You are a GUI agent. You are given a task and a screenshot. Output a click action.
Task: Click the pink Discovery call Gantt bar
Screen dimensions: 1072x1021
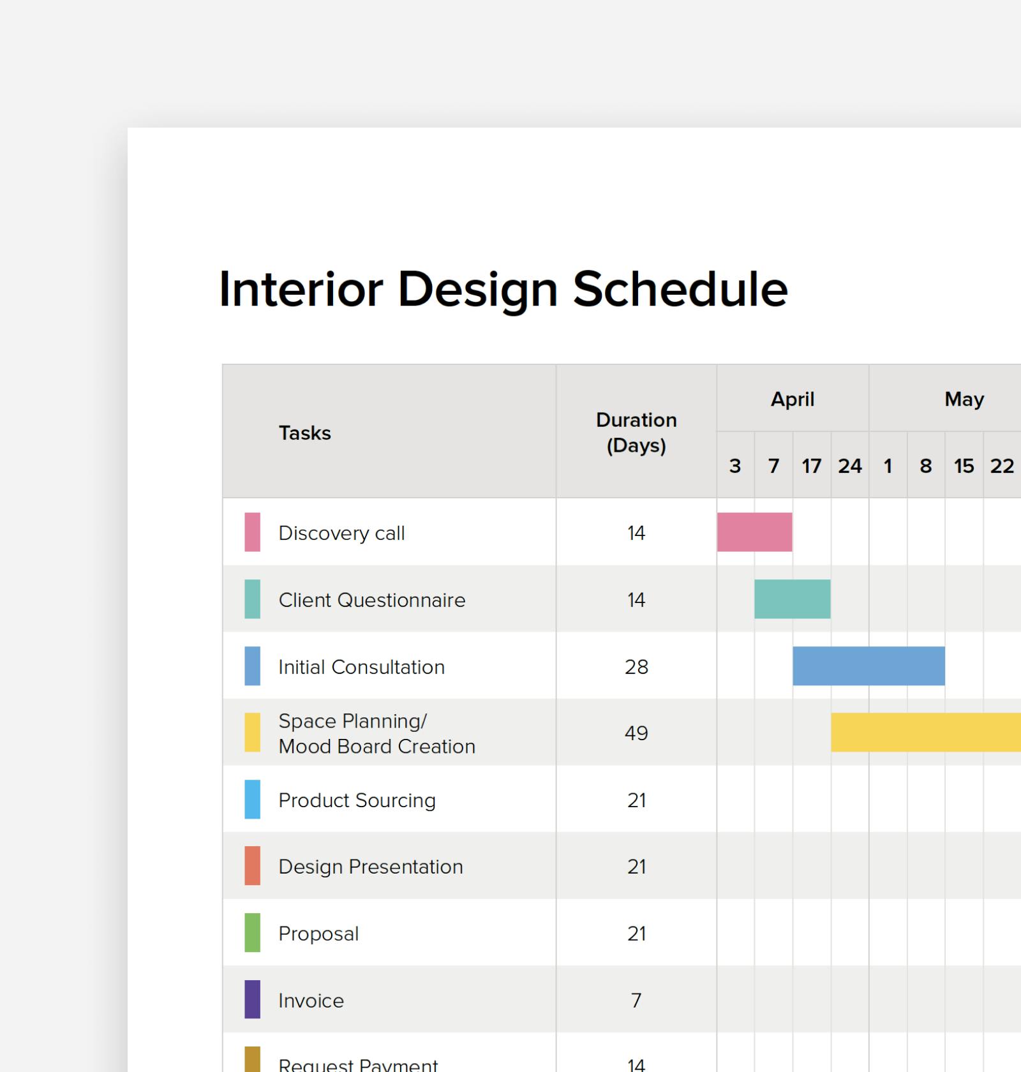[x=754, y=532]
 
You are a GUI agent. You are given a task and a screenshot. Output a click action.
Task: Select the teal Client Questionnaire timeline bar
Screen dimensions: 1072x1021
[x=792, y=599]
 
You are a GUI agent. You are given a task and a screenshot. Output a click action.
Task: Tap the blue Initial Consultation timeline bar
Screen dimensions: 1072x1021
[x=868, y=666]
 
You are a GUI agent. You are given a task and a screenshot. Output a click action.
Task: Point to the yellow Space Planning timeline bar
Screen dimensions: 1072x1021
[x=925, y=733]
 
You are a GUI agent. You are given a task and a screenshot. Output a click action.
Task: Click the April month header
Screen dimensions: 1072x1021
[x=793, y=399]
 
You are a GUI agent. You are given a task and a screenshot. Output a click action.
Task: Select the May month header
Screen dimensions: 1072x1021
[x=964, y=399]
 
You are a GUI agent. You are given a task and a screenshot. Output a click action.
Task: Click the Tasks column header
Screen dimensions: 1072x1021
[x=305, y=433]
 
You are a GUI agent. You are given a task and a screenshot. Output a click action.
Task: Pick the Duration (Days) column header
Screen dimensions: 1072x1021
[x=636, y=433]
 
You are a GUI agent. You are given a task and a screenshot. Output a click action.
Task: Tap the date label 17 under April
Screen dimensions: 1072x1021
[x=812, y=466]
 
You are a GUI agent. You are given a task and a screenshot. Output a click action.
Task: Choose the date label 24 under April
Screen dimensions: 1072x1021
[x=850, y=466]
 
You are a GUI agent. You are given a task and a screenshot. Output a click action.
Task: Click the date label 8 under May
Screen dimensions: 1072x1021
[x=926, y=466]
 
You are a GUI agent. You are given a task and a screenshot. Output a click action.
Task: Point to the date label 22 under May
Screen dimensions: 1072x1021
[x=1002, y=466]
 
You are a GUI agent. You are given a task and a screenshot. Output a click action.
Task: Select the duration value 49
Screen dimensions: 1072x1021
[x=636, y=733]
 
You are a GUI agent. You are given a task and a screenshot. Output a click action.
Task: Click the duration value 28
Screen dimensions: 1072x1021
[x=636, y=667]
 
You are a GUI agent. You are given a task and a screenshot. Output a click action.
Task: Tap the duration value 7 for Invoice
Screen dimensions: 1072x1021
[x=636, y=1001]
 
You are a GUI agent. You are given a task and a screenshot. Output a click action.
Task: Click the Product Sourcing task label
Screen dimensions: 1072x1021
[x=357, y=800]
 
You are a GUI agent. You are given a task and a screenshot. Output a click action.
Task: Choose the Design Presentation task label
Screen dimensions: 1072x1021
[x=370, y=867]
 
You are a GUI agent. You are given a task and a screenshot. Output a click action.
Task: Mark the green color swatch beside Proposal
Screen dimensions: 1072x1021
[x=253, y=933]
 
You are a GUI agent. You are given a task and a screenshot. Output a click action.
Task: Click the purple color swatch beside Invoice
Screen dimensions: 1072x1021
[x=253, y=999]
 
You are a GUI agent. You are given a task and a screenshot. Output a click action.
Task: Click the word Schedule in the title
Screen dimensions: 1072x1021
[x=680, y=290]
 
